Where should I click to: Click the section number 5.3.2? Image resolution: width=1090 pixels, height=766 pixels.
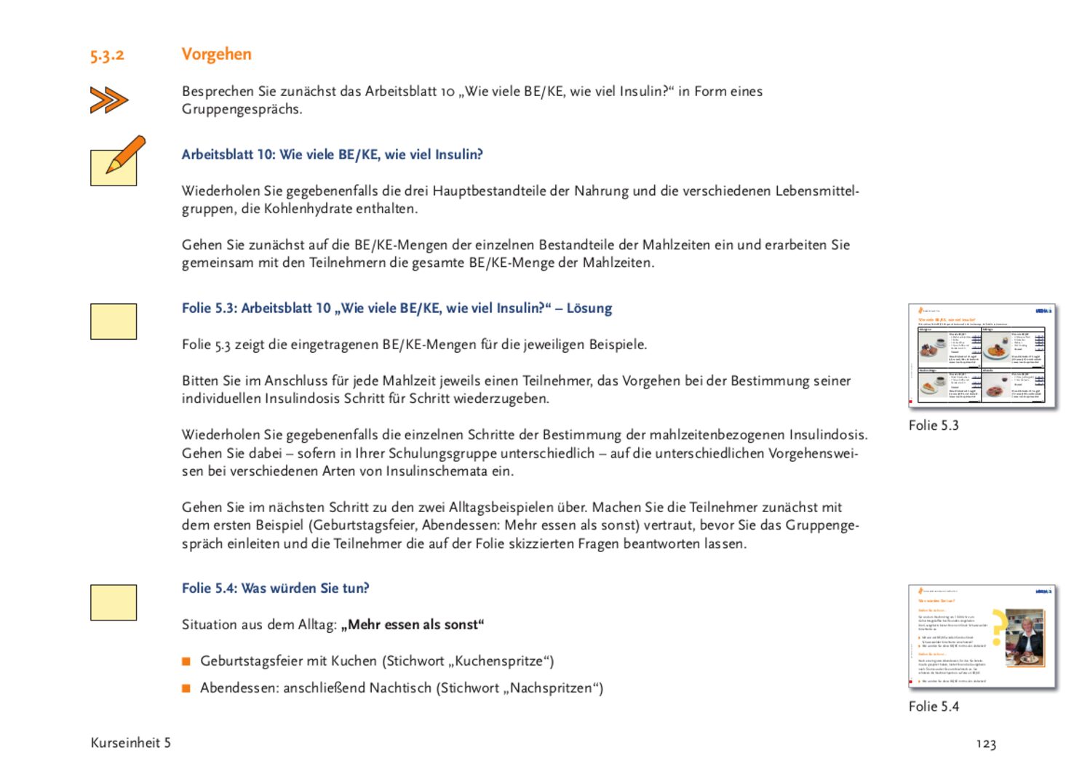[x=107, y=55]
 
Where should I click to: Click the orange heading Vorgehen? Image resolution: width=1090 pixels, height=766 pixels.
[x=216, y=54]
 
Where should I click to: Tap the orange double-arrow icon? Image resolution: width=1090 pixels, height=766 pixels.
[x=109, y=100]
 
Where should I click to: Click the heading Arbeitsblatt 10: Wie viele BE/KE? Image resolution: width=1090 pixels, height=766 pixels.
[x=332, y=154]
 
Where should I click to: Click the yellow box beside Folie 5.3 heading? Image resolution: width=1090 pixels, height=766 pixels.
[x=114, y=322]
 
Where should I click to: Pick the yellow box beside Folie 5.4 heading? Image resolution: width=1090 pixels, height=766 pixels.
[x=114, y=602]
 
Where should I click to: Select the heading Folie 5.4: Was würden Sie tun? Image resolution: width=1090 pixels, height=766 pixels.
[x=275, y=588]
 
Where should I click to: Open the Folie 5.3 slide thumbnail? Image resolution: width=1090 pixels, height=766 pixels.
[x=982, y=356]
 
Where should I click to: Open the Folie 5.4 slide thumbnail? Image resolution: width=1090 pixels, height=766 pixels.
[x=982, y=637]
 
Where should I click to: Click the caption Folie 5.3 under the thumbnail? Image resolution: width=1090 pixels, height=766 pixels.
[x=934, y=426]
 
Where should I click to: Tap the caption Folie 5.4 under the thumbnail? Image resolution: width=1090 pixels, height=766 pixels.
[x=934, y=706]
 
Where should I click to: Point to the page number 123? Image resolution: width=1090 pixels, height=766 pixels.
[x=986, y=743]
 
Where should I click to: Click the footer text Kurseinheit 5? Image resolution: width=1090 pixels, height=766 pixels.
[x=130, y=743]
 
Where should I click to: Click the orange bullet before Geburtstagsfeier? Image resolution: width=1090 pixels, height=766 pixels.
[x=186, y=661]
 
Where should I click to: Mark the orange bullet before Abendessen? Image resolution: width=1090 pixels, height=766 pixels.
[x=186, y=688]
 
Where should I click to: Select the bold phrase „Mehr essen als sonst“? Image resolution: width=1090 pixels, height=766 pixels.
[x=412, y=625]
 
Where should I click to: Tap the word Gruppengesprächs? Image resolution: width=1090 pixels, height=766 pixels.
[x=241, y=109]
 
